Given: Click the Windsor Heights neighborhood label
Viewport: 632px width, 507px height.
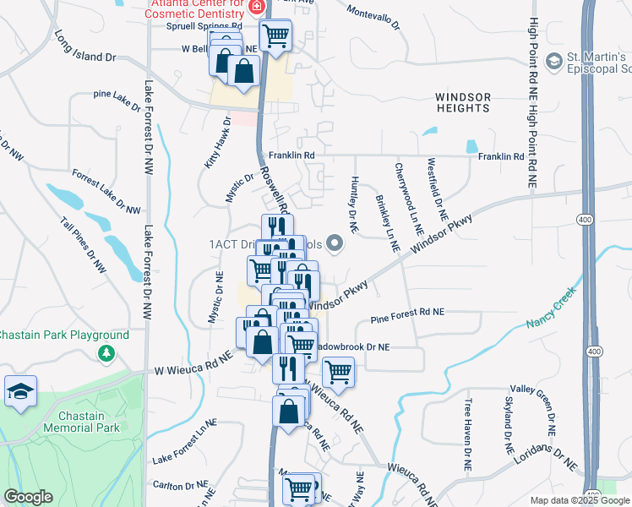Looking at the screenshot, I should (x=463, y=103).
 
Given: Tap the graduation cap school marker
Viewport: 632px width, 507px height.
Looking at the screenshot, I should (x=20, y=391).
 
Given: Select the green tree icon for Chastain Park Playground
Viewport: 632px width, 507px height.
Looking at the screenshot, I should (x=106, y=352).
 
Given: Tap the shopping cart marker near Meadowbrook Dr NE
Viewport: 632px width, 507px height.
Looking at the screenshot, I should (x=338, y=372).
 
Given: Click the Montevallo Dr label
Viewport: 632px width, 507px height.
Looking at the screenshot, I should (x=373, y=16).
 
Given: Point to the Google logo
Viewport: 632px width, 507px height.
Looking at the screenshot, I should (x=28, y=497).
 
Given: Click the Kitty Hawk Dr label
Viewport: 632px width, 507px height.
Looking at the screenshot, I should (x=215, y=144).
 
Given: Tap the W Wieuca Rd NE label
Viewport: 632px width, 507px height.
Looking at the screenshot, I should (x=193, y=366).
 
